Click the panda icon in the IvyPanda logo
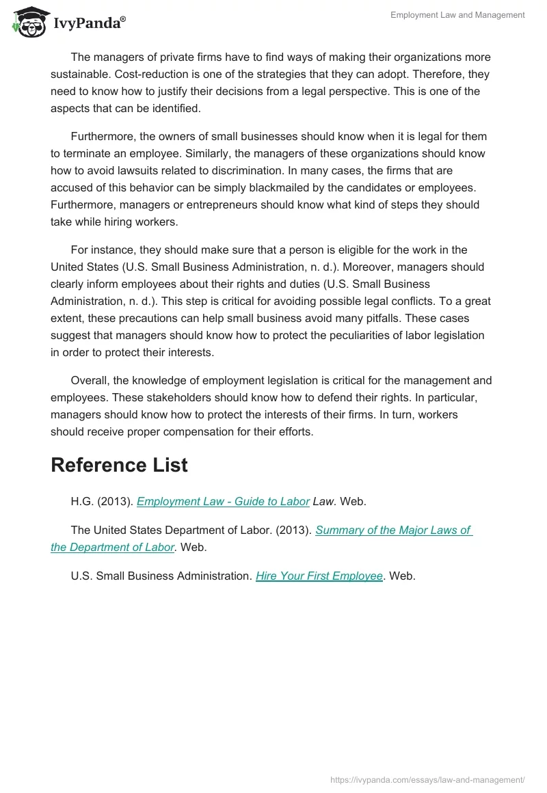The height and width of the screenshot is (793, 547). point(26,22)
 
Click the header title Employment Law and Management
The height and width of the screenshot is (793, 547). point(457,15)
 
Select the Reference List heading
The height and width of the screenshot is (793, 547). point(119,465)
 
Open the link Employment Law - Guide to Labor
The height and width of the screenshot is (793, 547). point(223,501)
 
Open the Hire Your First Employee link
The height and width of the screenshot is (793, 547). point(319,576)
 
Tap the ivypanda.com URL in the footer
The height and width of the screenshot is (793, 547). point(427,779)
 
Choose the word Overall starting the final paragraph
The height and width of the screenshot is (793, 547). point(90,380)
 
